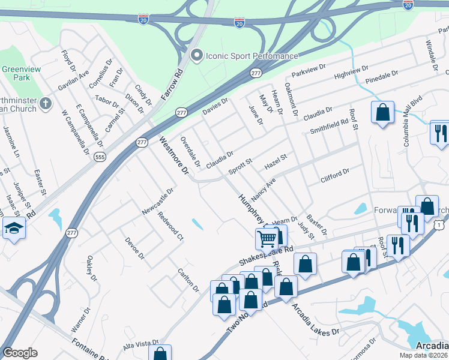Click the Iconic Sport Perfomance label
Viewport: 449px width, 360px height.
point(252,56)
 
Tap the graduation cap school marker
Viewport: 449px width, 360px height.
point(14,228)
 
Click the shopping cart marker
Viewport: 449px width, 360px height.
point(267,239)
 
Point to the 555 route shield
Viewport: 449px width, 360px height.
point(100,157)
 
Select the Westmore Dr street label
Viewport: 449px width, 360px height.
point(174,156)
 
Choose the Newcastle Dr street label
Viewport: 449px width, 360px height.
point(158,201)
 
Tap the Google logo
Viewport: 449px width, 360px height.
point(20,353)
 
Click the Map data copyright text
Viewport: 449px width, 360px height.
point(424,355)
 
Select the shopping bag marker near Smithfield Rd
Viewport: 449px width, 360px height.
point(382,112)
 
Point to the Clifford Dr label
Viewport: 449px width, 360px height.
point(335,175)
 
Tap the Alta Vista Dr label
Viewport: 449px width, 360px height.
point(140,345)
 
